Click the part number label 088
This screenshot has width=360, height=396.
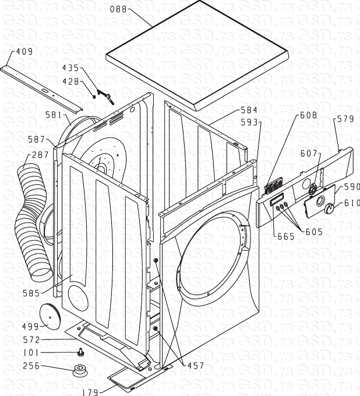point(118,9)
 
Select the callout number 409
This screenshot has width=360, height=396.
point(24,51)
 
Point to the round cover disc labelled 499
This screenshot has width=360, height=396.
point(50,317)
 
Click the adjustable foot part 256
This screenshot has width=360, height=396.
point(80,370)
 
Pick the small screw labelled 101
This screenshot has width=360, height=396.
point(81,352)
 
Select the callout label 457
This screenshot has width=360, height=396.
point(196,366)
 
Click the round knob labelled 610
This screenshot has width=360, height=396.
point(329,209)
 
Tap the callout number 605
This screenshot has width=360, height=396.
point(314,232)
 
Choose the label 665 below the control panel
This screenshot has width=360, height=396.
point(286,236)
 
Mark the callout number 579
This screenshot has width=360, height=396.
point(345,119)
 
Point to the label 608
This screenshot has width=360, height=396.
point(308,115)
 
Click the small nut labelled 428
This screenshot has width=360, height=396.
point(94,97)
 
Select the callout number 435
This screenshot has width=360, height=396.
point(70,68)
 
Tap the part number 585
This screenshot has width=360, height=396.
point(31,293)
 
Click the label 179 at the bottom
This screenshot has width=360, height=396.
point(90,392)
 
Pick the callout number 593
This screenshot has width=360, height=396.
point(249,122)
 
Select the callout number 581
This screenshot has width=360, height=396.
point(54,115)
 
